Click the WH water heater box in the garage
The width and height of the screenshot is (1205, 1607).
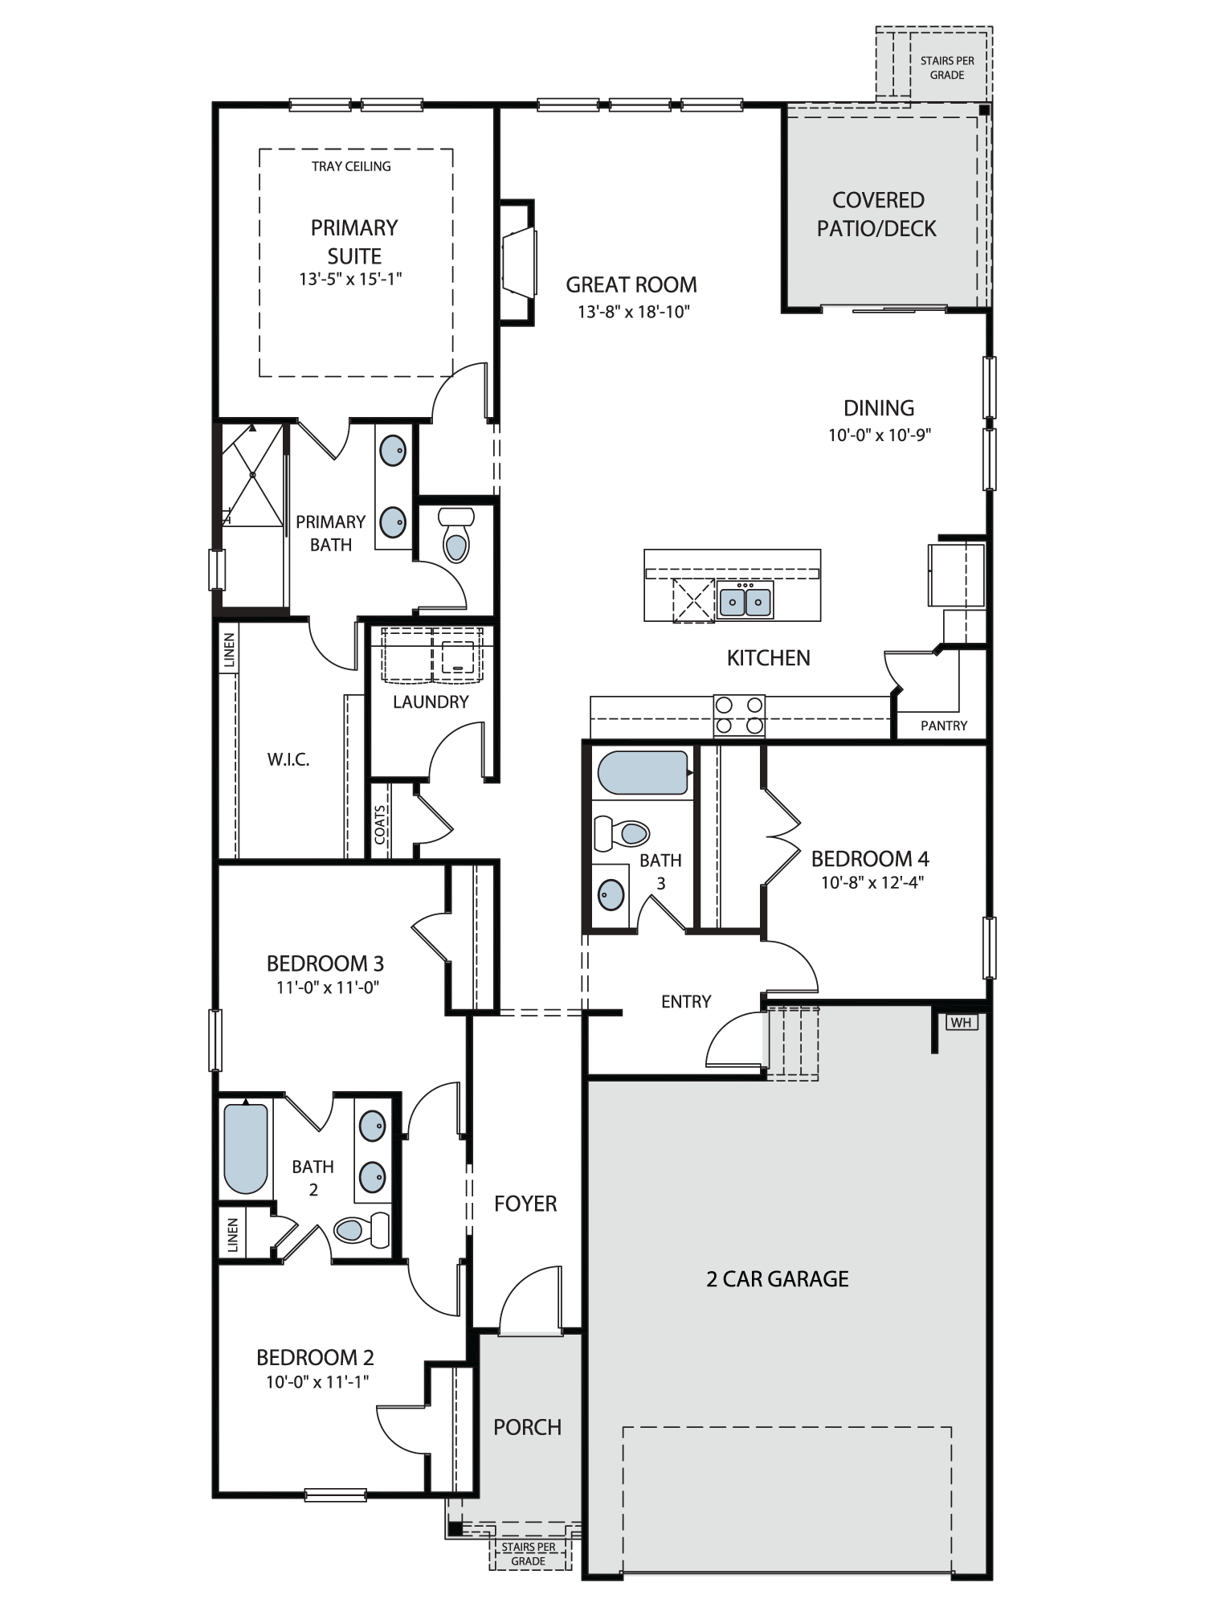(961, 1022)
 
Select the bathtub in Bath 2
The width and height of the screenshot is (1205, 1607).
(245, 1149)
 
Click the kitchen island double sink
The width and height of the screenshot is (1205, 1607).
(745, 600)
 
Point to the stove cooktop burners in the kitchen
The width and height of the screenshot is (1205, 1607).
(739, 715)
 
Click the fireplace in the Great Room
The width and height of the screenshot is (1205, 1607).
(517, 262)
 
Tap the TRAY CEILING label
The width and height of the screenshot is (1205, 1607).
(351, 166)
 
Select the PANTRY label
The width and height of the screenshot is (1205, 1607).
(944, 726)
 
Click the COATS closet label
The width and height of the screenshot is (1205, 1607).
(380, 824)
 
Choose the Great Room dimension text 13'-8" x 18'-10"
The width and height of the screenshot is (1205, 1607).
(634, 312)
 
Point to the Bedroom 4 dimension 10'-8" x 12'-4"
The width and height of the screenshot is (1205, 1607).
(872, 882)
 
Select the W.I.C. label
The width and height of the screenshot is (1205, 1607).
(288, 759)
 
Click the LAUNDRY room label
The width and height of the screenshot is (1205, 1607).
(431, 701)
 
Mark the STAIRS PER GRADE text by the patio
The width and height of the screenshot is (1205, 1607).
(947, 67)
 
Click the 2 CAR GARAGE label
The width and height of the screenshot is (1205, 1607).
(778, 1278)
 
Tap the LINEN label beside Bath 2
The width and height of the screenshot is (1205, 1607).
(233, 1235)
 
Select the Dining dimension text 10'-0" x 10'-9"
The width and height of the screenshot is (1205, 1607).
(880, 435)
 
